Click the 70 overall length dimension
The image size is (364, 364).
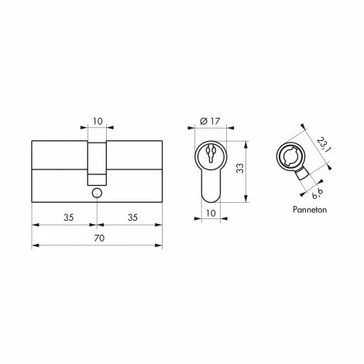99,238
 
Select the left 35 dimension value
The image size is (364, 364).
69,218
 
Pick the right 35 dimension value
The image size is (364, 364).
132,218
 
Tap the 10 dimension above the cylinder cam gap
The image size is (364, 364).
98,121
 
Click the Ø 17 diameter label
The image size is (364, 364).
210,121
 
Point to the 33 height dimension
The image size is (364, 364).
240,168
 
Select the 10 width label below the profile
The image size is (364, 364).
211,213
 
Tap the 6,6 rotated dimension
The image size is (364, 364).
318,194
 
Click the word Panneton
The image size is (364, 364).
310,209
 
